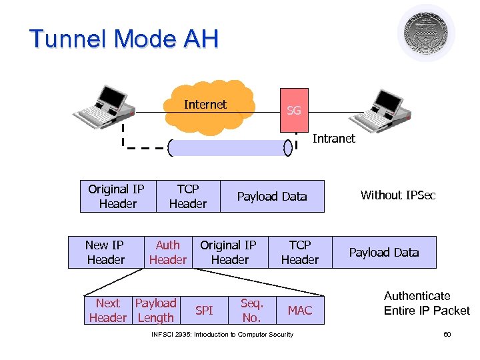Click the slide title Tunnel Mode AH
click(124, 39)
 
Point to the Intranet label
click(334, 139)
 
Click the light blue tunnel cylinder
click(230, 147)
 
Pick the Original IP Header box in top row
click(117, 197)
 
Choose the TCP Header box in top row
click(188, 197)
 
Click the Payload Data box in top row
click(272, 197)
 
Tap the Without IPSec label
click(398, 195)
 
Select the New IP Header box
click(105, 253)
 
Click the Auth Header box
click(168, 253)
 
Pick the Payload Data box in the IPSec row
click(384, 253)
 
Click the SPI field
click(204, 311)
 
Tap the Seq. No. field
click(252, 311)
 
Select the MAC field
click(299, 311)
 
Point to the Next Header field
click(108, 311)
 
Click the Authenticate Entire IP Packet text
click(427, 303)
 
